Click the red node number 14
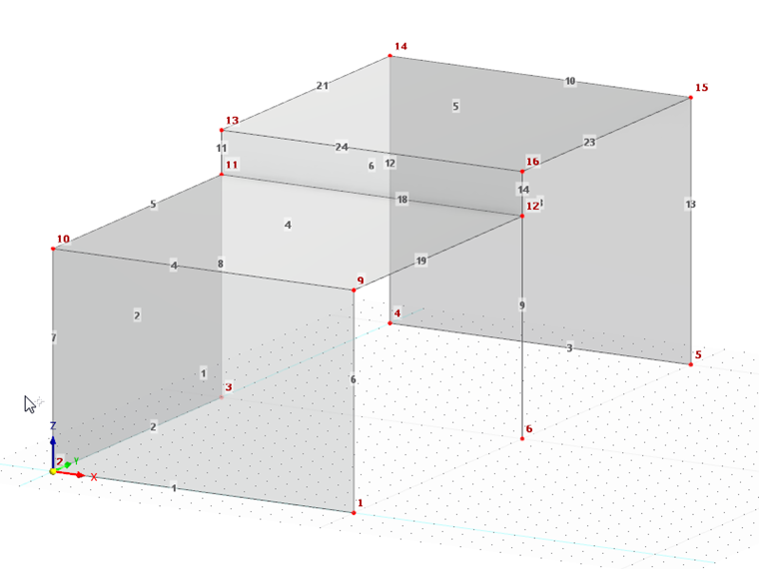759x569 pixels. pos(401,46)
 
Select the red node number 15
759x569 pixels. pos(701,88)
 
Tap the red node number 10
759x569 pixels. pos(63,240)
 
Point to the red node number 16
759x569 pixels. pos(532,162)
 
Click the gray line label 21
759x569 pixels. pos(322,86)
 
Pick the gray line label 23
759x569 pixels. pos(589,143)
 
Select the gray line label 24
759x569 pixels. pos(342,148)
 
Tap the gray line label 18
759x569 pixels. pos(402,200)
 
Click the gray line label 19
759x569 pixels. pos(421,261)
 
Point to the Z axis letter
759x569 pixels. pos(53,424)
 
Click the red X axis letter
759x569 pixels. pos(94,477)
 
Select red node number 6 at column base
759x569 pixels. pos(529,429)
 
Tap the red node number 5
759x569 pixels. pos(698,354)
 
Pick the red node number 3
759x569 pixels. pos(229,386)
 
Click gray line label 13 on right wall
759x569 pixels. pos(690,204)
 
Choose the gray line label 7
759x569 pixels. pos(53,338)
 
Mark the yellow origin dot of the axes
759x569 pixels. pos(53,470)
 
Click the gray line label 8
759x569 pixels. pos(221,263)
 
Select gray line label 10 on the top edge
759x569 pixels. pos(570,81)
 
